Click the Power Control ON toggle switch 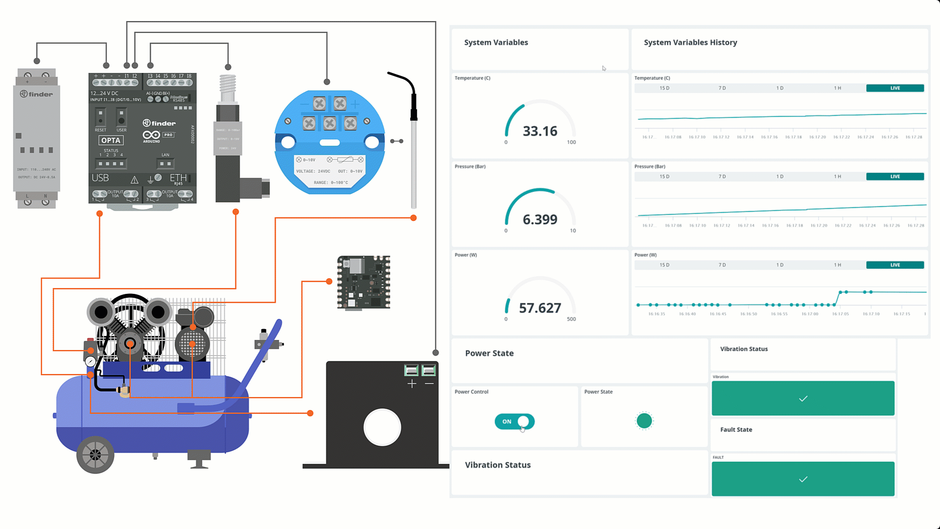514,421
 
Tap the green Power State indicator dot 644,421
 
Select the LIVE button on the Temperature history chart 894,88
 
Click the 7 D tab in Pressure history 722,176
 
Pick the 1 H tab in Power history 837,265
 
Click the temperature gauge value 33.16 540,131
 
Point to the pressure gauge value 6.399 540,219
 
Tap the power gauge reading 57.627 540,308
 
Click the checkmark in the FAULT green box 803,479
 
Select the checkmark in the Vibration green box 803,398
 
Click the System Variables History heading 690,43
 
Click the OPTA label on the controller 111,141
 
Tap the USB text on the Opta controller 100,178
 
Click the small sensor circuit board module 363,282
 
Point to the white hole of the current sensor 382,427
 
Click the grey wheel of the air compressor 95,455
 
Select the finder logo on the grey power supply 37,94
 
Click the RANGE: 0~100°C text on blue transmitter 331,183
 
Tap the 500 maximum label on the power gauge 571,319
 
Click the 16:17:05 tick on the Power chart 840,314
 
